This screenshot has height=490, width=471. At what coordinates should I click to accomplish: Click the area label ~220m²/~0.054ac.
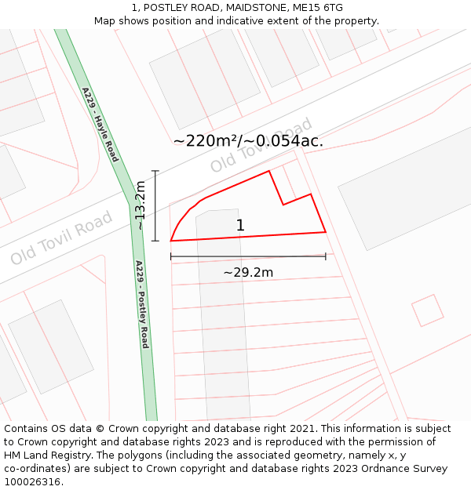pyautogui.click(x=248, y=141)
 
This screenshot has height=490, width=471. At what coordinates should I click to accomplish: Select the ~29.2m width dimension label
pyautogui.click(x=248, y=272)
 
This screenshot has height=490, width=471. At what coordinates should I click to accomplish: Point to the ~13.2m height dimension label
pyautogui.click(x=140, y=205)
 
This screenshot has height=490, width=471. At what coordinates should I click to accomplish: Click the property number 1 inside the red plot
pyautogui.click(x=240, y=226)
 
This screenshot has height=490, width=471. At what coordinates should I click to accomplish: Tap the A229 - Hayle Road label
pyautogui.click(x=100, y=124)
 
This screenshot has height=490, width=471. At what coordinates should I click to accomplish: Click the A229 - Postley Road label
pyautogui.click(x=142, y=304)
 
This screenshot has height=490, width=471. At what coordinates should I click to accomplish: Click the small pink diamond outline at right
pyautogui.click(x=428, y=310)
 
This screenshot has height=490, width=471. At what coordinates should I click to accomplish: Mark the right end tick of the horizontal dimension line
pyautogui.click(x=325, y=256)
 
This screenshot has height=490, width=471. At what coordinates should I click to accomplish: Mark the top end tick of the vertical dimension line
pyautogui.click(x=155, y=171)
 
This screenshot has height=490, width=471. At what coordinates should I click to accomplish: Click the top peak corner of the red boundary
pyautogui.click(x=269, y=171)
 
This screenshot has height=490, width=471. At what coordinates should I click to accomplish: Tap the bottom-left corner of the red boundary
pyautogui.click(x=171, y=241)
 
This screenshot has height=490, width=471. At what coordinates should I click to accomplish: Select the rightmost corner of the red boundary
pyautogui.click(x=325, y=232)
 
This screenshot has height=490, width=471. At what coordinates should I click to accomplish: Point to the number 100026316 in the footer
pyautogui.click(x=33, y=481)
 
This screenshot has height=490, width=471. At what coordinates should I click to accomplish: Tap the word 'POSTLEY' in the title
pyautogui.click(x=168, y=8)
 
